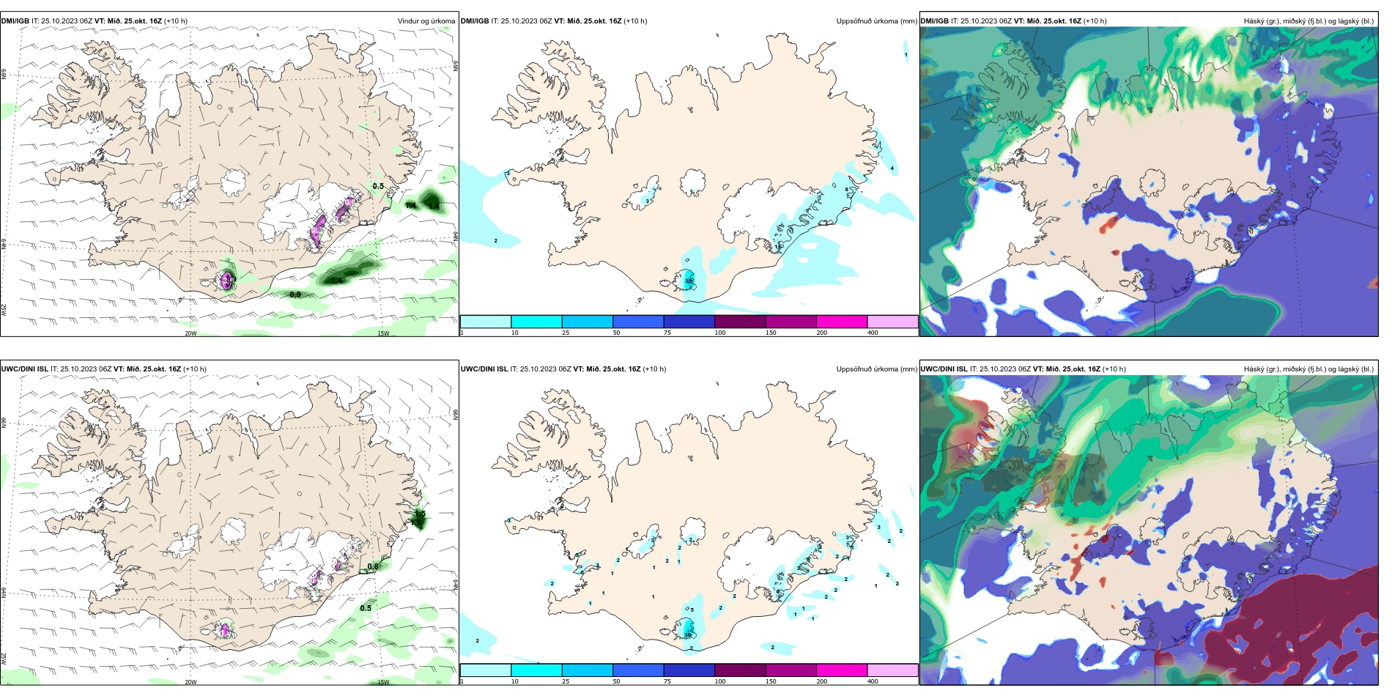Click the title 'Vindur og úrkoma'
[426, 21]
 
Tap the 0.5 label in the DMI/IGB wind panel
[378, 186]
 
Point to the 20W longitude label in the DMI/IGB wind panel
[190, 333]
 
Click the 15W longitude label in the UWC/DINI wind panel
[383, 682]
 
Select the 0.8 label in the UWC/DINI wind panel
[373, 566]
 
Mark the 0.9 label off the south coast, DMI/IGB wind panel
[295, 295]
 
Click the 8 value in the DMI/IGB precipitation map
[847, 190]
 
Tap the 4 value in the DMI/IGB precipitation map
[892, 169]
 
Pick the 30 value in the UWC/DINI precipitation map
[688, 634]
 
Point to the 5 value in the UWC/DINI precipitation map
[692, 610]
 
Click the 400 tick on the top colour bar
[873, 333]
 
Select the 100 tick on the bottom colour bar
[720, 681]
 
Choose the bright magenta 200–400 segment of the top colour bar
[842, 322]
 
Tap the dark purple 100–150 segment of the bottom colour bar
[740, 670]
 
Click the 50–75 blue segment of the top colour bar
[638, 322]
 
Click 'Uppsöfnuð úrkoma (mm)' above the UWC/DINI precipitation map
[876, 369]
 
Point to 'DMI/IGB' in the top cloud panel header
[934, 21]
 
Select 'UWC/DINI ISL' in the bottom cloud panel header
[944, 369]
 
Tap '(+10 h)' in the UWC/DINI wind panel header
[194, 369]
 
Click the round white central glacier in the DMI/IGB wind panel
[234, 179]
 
